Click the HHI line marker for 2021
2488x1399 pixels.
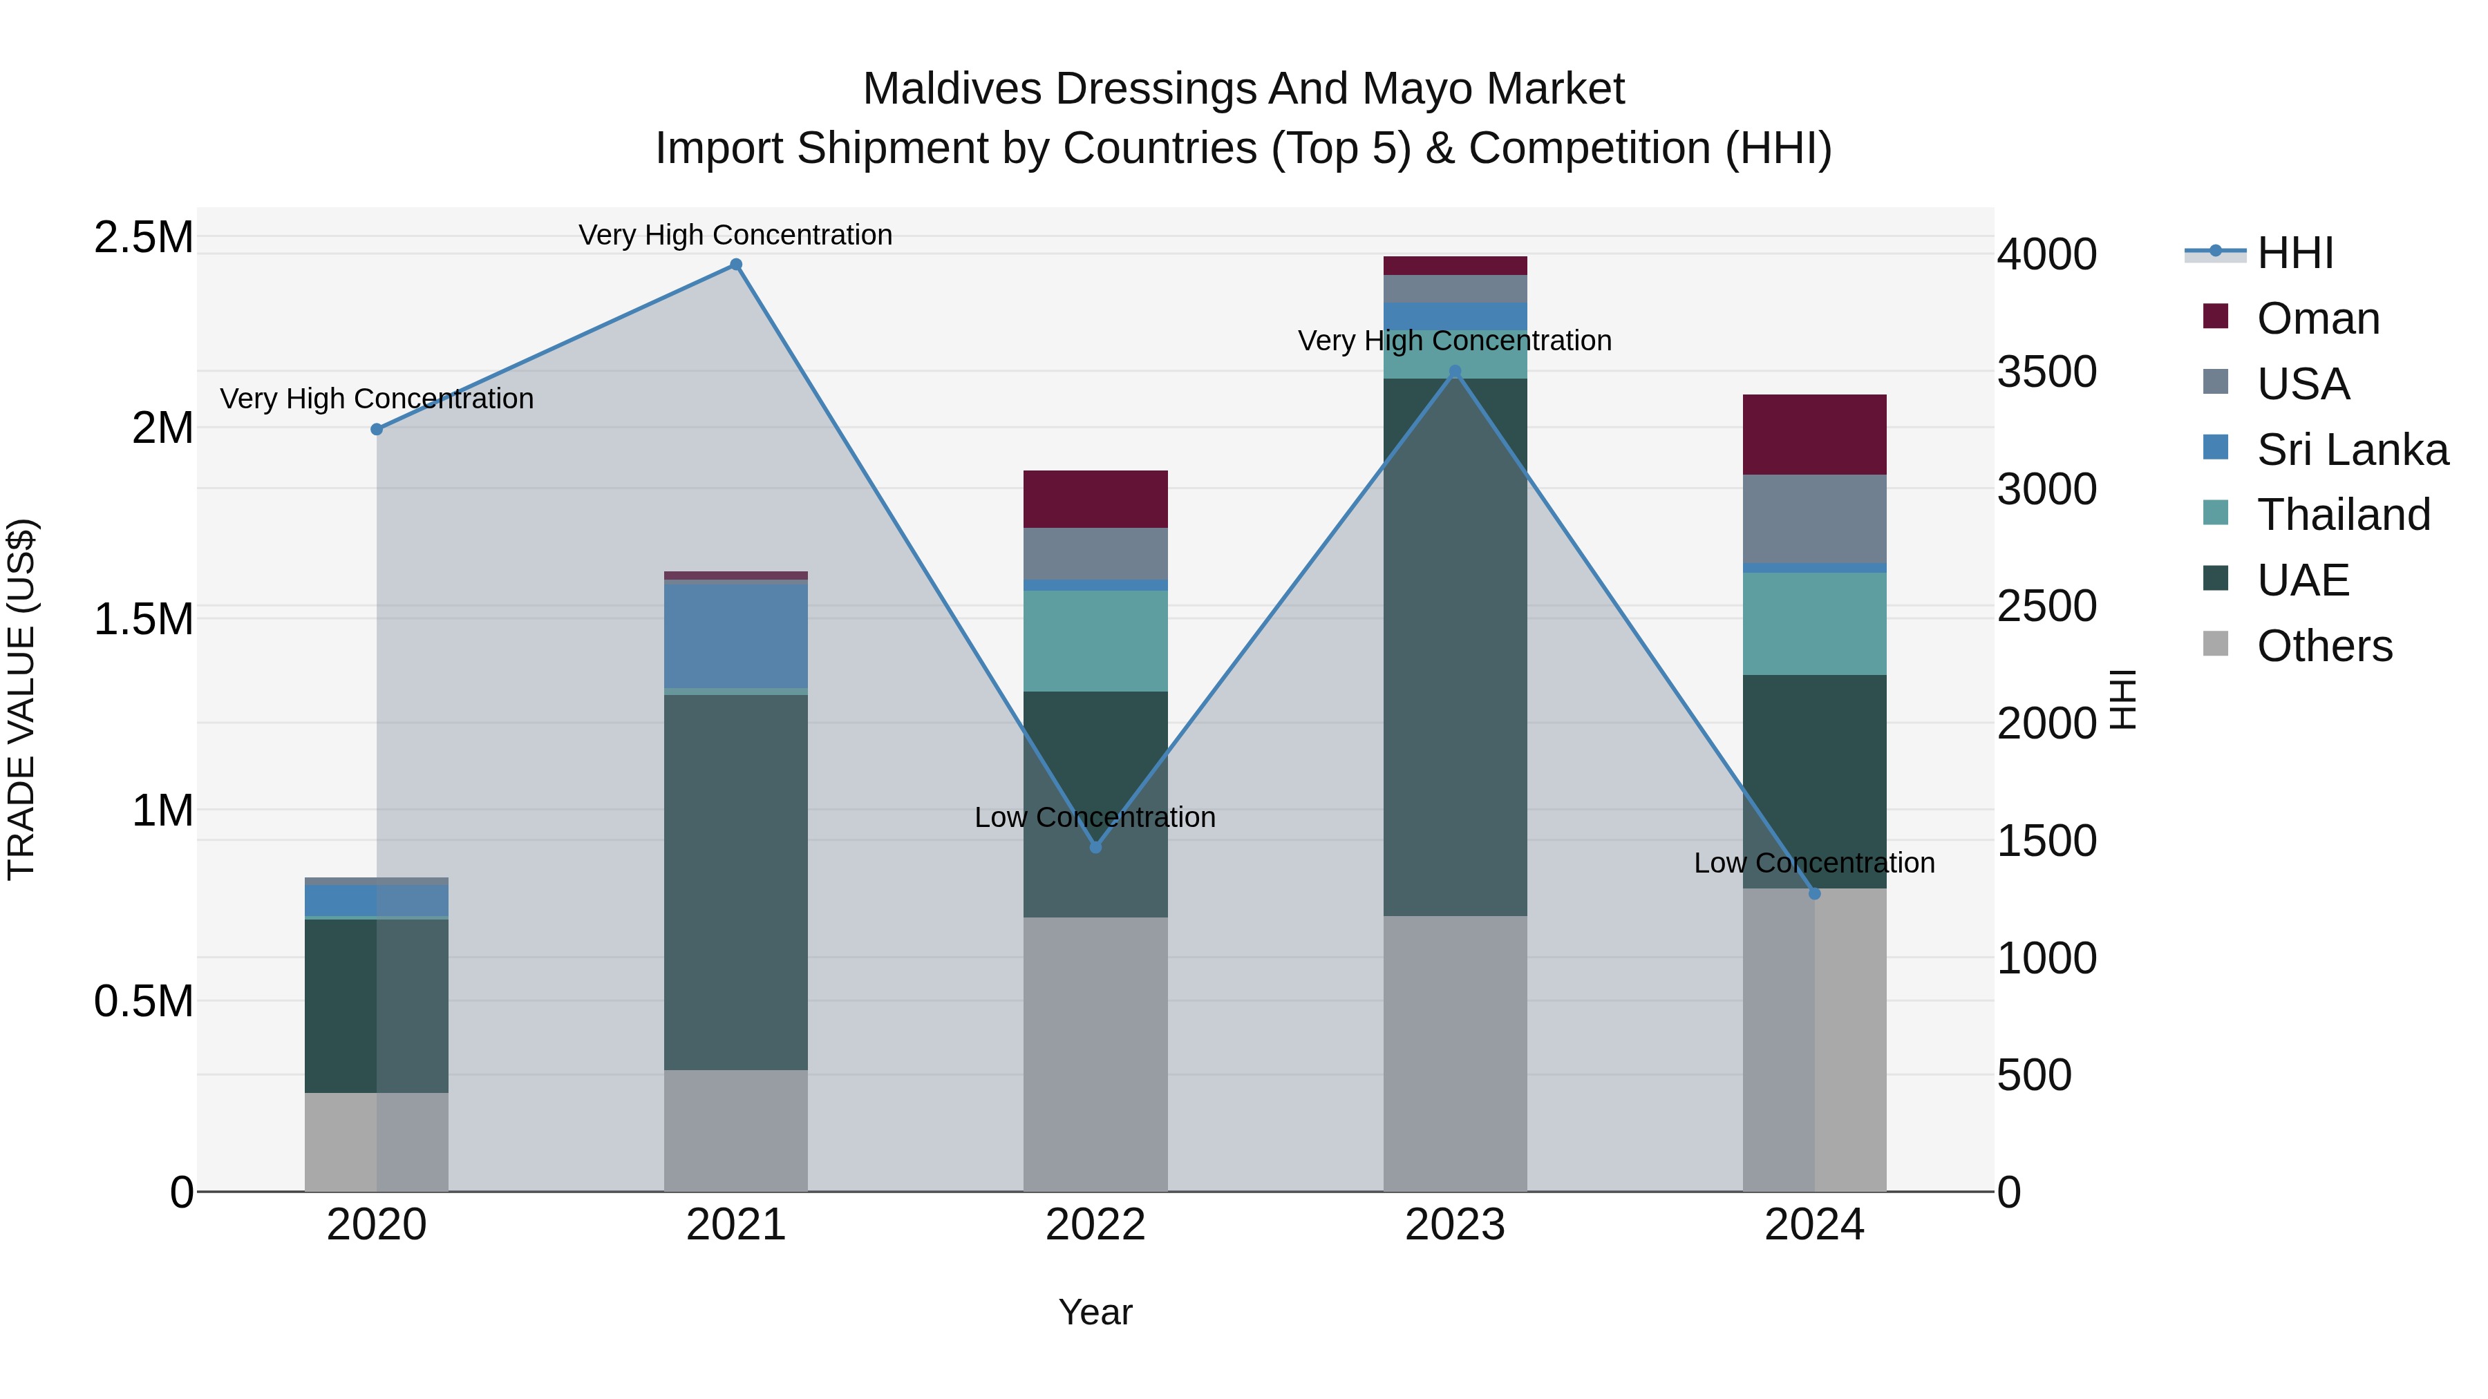[x=736, y=265]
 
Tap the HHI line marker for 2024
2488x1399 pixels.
[x=1814, y=894]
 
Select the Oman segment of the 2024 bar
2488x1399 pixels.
[x=1814, y=435]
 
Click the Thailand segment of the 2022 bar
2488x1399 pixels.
[x=1095, y=640]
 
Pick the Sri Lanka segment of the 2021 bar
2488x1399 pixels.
[x=736, y=636]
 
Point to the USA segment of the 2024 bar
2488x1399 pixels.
[x=1814, y=518]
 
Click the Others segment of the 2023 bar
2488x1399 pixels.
[x=1455, y=1052]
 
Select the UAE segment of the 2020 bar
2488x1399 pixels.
[x=377, y=1005]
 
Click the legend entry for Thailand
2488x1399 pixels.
[x=2342, y=515]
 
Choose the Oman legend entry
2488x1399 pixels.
[x=2317, y=318]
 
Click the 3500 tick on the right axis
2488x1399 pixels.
[x=2046, y=372]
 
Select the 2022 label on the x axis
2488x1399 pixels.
[x=1095, y=1225]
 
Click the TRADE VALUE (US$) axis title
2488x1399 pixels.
[x=21, y=699]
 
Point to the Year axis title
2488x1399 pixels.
[x=1095, y=1312]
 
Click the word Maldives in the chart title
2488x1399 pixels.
[x=952, y=89]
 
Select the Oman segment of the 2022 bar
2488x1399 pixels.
[x=1095, y=499]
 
